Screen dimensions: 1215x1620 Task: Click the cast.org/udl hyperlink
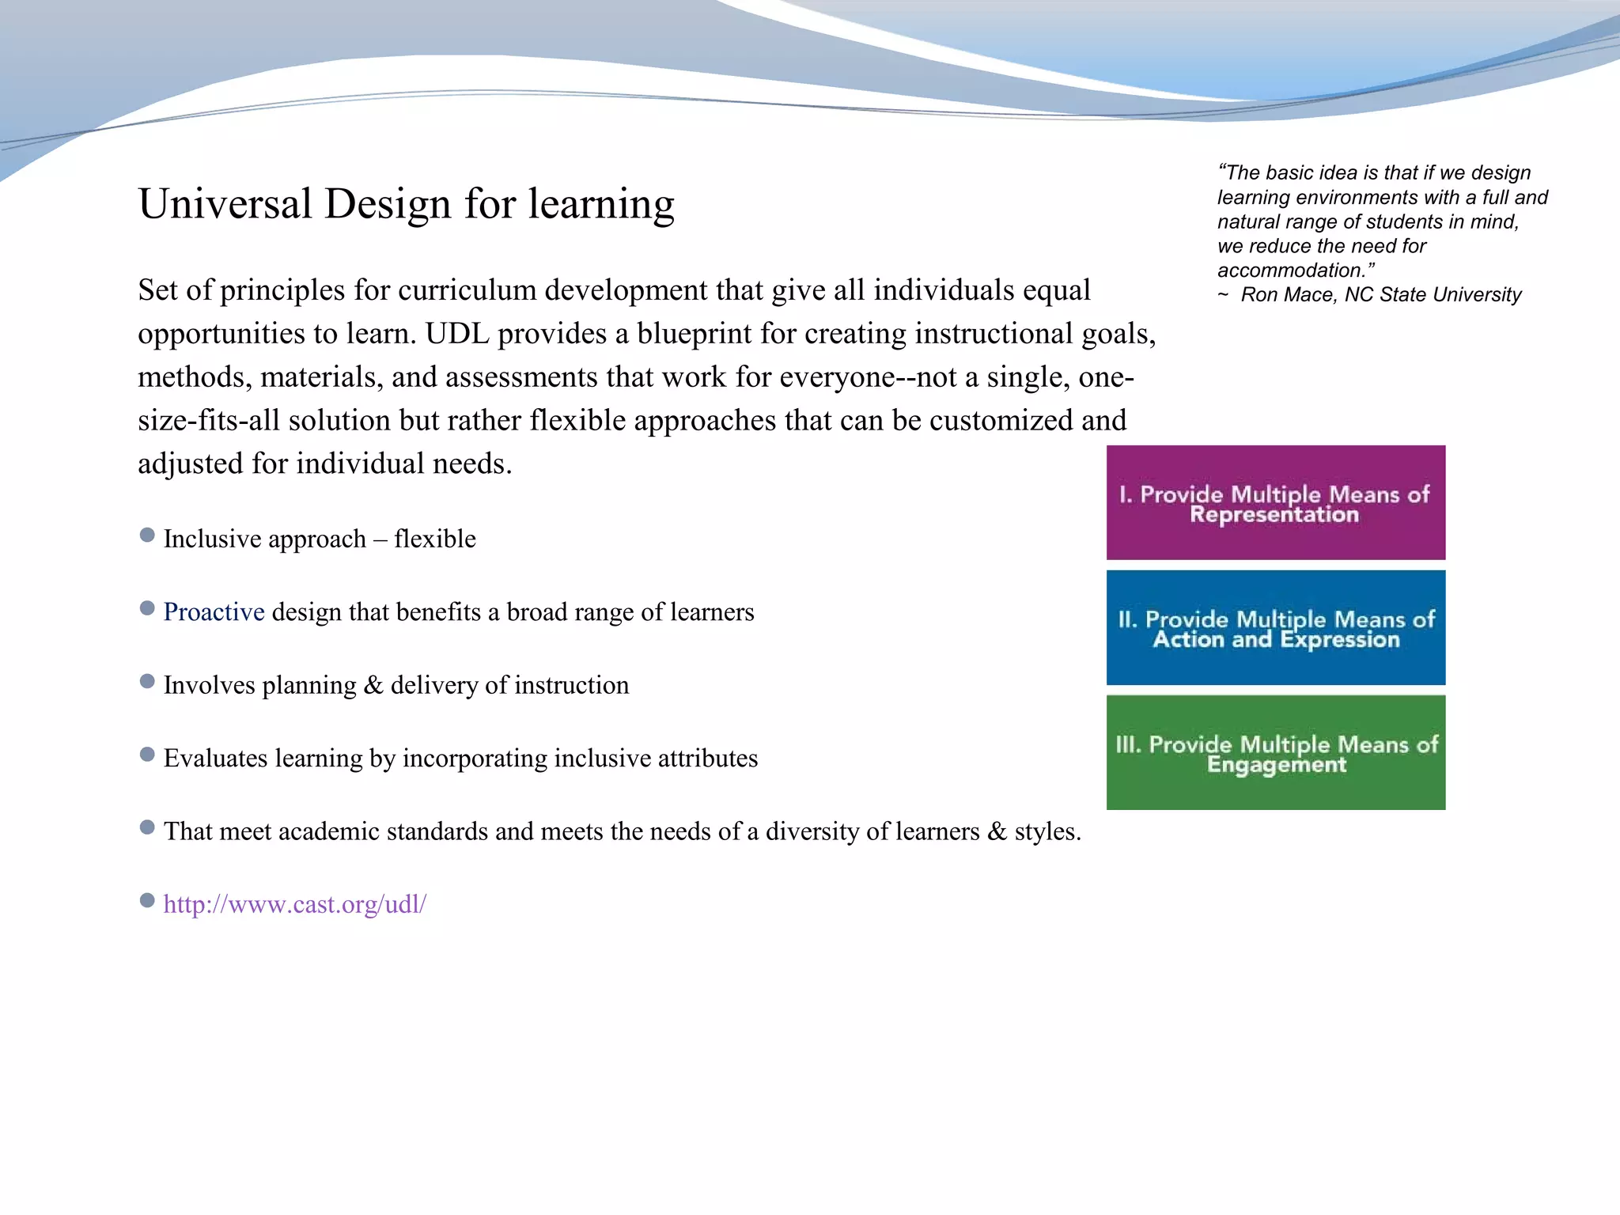click(294, 904)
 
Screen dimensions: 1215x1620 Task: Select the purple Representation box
click(1275, 503)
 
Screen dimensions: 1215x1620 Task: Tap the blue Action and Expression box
click(1275, 628)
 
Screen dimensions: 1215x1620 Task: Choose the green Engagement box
click(1275, 753)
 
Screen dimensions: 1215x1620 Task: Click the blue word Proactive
click(214, 612)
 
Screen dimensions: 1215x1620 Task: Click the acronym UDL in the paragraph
click(457, 334)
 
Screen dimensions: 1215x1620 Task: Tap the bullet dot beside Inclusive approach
click(147, 536)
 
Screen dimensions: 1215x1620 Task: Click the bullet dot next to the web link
click(147, 901)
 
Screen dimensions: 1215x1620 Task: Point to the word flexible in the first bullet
click(435, 539)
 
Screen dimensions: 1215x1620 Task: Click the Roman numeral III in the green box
click(1128, 744)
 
